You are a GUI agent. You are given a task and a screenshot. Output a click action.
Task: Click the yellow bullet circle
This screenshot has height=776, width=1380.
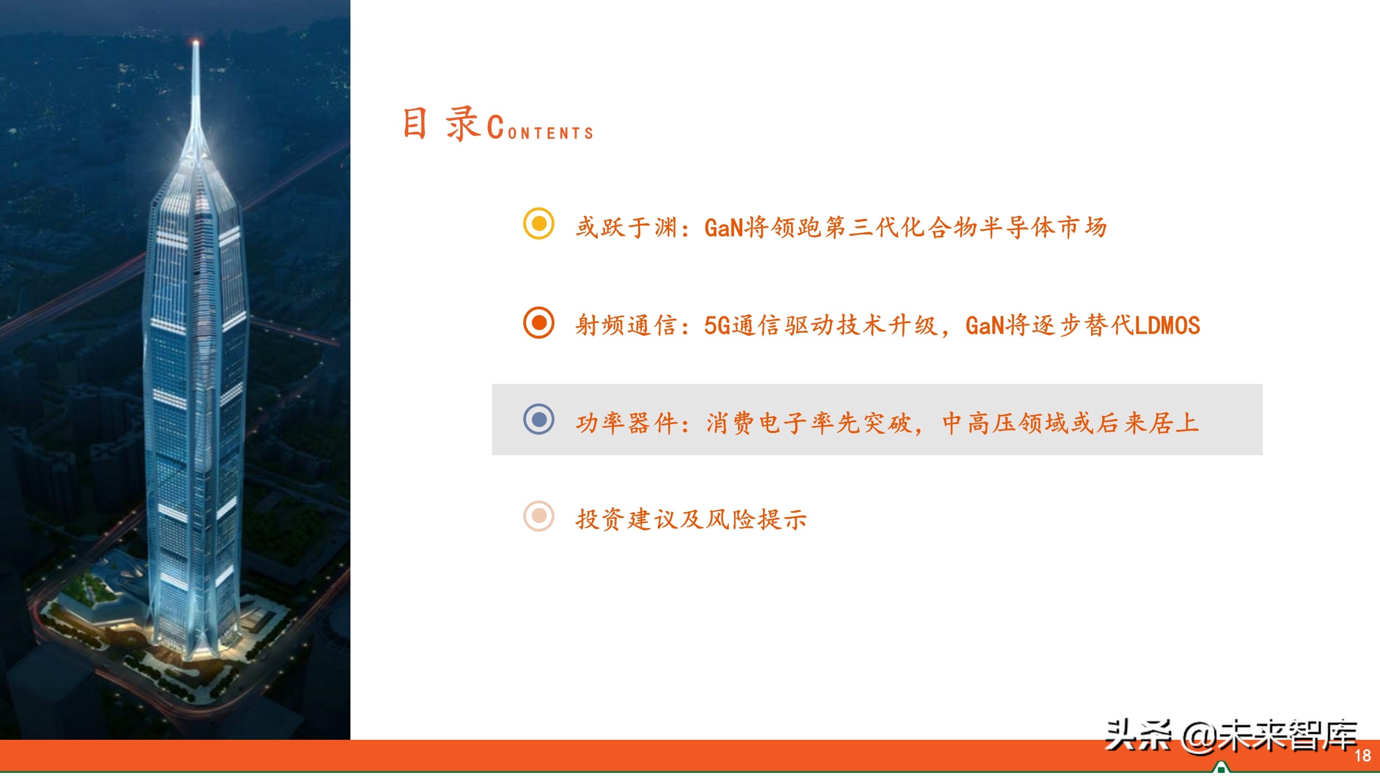point(538,223)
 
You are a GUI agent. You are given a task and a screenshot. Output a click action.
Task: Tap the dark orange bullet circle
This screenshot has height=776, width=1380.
point(538,322)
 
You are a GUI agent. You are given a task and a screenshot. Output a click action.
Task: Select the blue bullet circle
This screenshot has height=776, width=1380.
point(538,419)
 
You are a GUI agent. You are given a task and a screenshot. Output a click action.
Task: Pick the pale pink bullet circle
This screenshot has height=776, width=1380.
point(538,516)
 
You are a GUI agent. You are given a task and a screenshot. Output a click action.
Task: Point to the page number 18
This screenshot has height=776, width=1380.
point(1362,756)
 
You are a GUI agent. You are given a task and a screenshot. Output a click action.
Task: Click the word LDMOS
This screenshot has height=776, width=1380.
point(1167,325)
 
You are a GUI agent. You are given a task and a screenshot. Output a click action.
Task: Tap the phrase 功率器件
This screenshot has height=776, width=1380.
point(627,423)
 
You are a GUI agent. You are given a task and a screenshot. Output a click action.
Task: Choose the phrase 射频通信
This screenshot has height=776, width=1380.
point(627,325)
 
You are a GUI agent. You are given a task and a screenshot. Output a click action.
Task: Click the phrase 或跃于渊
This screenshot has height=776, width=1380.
point(627,228)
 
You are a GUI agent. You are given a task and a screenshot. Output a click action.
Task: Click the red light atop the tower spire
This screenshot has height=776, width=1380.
point(196,42)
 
